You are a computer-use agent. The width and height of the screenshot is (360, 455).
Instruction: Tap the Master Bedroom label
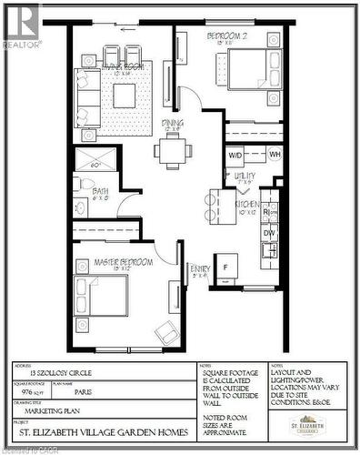click(x=124, y=262)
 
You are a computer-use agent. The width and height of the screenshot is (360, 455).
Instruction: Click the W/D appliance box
click(x=235, y=155)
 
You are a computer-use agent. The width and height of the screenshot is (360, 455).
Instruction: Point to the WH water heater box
click(x=275, y=155)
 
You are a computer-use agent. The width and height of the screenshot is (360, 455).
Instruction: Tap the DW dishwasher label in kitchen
click(x=269, y=233)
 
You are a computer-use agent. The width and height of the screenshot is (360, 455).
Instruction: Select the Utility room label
click(x=245, y=176)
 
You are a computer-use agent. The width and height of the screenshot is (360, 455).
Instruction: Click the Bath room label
click(x=100, y=192)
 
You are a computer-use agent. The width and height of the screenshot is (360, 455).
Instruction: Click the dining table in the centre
click(x=172, y=152)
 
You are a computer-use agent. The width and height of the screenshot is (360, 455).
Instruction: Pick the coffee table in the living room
click(x=125, y=95)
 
